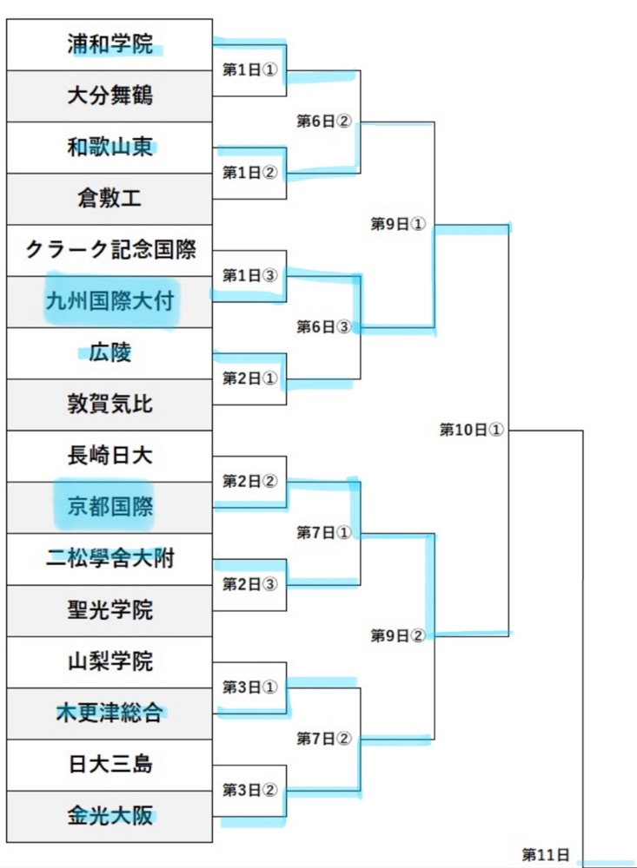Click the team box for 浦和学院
point(109,44)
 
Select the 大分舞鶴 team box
point(109,95)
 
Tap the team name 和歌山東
point(109,147)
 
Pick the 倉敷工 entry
point(109,199)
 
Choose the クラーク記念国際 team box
point(109,250)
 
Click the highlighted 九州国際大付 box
point(109,301)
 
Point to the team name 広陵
point(109,353)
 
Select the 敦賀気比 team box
point(109,404)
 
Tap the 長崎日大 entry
point(109,456)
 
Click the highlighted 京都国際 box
point(109,507)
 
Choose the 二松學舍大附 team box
point(109,558)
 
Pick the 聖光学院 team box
point(109,610)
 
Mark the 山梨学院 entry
point(109,661)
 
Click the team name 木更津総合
point(109,713)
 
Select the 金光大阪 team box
point(109,816)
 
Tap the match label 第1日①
point(249,69)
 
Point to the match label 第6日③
point(323,327)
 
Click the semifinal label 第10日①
point(471,430)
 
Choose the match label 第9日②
point(397,635)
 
